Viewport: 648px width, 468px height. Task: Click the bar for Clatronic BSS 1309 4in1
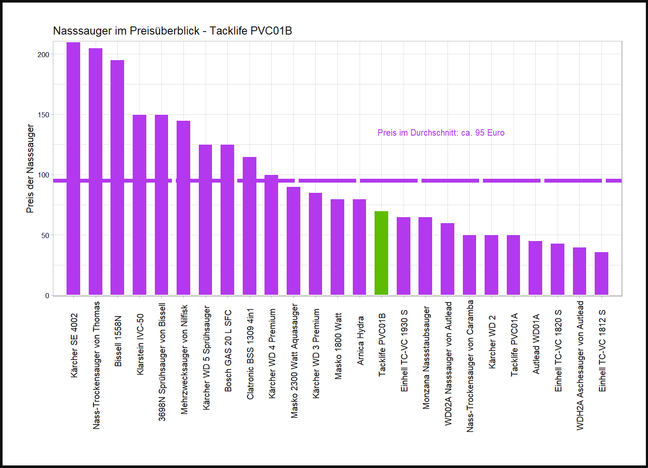pyautogui.click(x=250, y=226)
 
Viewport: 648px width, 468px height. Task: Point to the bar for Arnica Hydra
pyautogui.click(x=360, y=247)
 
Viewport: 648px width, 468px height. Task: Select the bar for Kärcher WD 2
pyautogui.click(x=491, y=265)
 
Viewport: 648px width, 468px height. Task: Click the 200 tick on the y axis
pyautogui.click(x=44, y=55)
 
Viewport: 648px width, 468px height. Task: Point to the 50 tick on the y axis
pyautogui.click(x=45, y=235)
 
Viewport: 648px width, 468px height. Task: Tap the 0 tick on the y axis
pyautogui.click(x=47, y=296)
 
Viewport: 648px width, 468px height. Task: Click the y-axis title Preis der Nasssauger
pyautogui.click(x=30, y=169)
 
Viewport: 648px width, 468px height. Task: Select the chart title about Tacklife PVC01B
pyautogui.click(x=172, y=31)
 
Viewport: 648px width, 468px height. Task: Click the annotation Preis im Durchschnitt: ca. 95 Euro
pyautogui.click(x=441, y=133)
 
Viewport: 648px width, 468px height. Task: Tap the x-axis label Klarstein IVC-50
pyautogui.click(x=140, y=345)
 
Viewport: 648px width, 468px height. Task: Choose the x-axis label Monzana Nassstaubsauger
pyautogui.click(x=426, y=358)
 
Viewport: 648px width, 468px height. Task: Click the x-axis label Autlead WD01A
pyautogui.click(x=536, y=344)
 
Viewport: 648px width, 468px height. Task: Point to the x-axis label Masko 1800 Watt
pyautogui.click(x=338, y=346)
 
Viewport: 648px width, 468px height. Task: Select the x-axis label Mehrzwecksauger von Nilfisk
pyautogui.click(x=184, y=359)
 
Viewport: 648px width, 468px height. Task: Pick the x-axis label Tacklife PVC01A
pyautogui.click(x=514, y=345)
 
